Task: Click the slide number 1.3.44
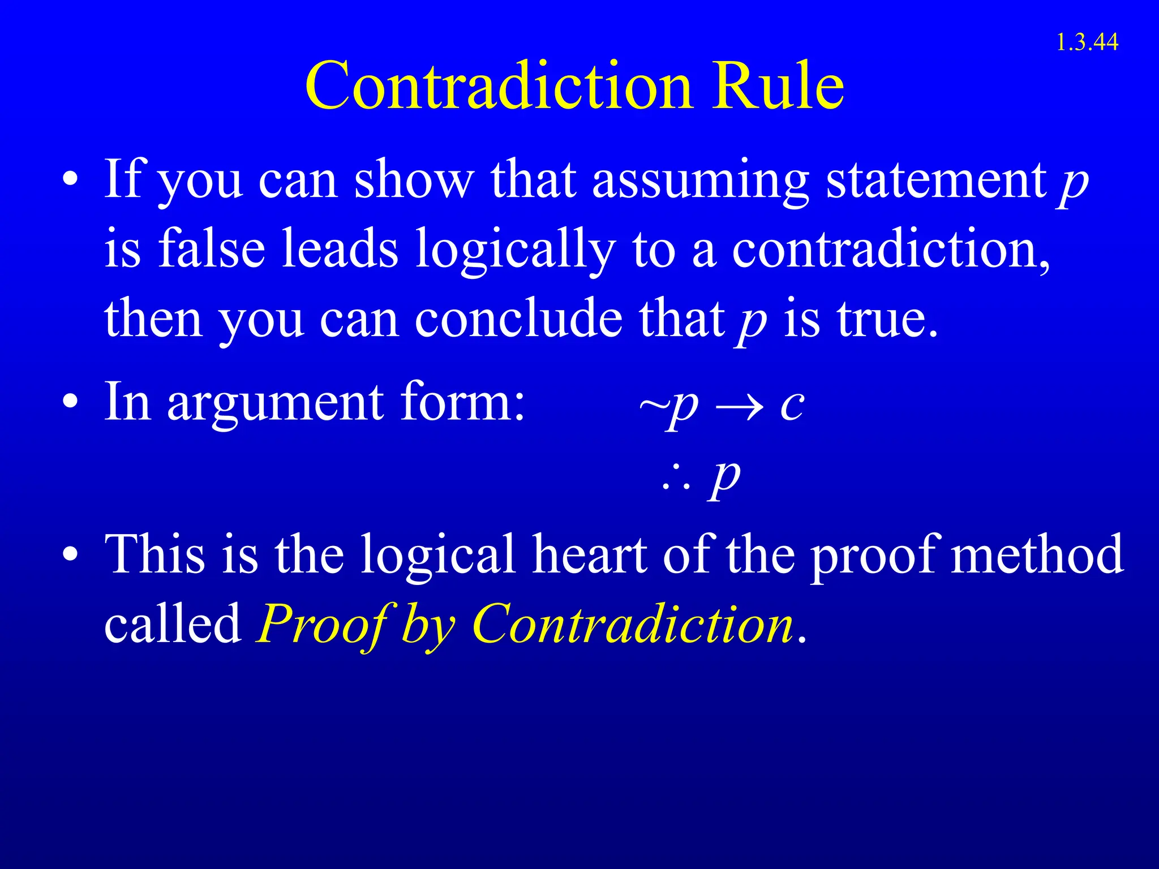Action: click(x=1087, y=42)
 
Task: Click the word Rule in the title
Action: click(x=778, y=87)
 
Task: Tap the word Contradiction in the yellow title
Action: click(x=498, y=87)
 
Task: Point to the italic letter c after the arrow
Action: click(x=791, y=405)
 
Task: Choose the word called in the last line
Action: click(x=173, y=623)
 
